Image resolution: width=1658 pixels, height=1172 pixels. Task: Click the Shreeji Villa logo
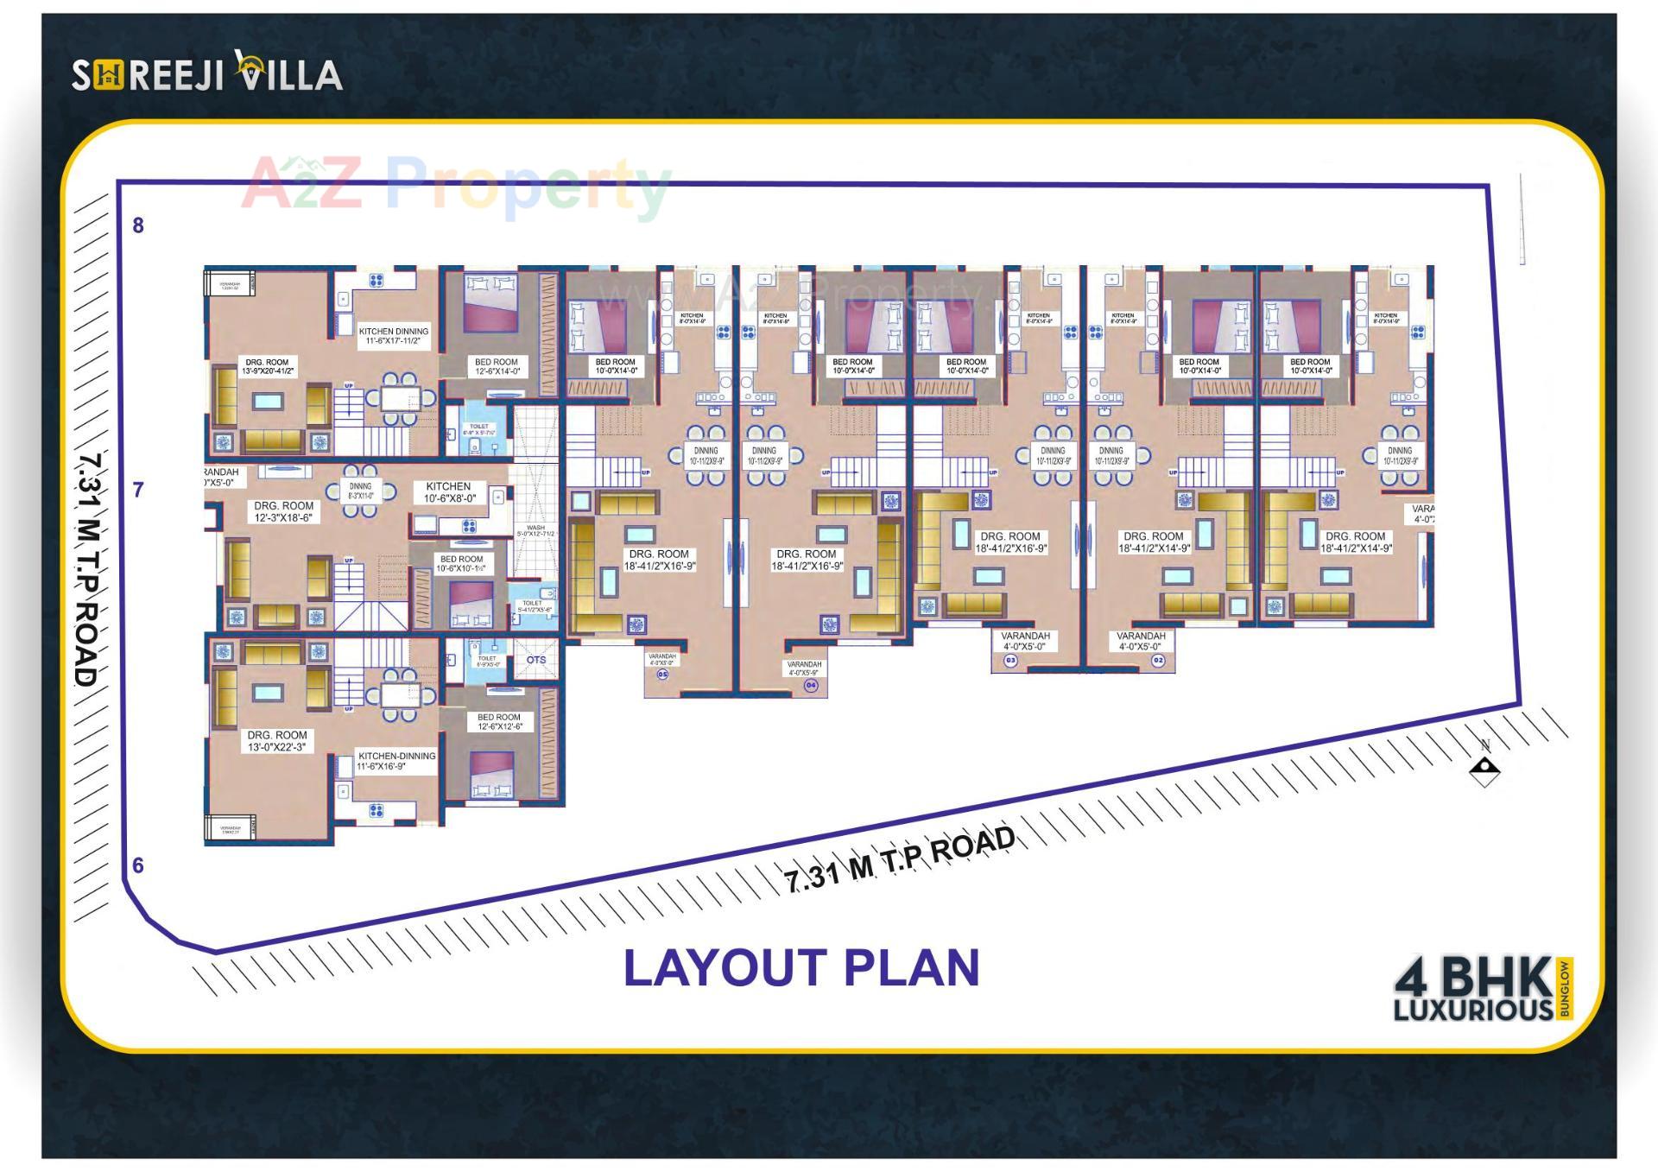coord(207,73)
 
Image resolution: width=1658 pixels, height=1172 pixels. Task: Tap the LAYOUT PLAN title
coord(801,967)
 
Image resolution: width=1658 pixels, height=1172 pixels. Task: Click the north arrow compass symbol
coord(1484,766)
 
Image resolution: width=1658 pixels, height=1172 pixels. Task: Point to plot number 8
coord(138,225)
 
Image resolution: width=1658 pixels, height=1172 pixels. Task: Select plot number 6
coord(138,865)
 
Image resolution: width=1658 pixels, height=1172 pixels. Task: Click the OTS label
coord(536,660)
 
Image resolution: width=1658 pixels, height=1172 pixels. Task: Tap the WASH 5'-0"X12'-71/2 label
coord(535,531)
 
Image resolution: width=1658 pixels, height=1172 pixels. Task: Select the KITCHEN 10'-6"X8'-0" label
coord(449,492)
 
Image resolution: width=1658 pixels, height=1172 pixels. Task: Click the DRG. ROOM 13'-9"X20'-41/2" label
coord(268,366)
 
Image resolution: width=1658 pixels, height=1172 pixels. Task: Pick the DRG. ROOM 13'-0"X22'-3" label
coord(277,741)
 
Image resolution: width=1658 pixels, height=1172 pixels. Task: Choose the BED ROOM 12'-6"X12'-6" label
coord(499,722)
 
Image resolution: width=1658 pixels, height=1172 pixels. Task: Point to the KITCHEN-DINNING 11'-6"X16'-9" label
coord(396,761)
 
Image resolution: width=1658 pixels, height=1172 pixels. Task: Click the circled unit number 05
coord(663,675)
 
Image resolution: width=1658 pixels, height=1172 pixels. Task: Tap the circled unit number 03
coord(1010,661)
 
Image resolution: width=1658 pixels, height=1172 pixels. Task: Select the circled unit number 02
coord(1158,661)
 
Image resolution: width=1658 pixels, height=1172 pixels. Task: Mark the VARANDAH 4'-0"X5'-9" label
coord(804,668)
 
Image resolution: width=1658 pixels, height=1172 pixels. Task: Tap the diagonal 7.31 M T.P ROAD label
coord(900,859)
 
